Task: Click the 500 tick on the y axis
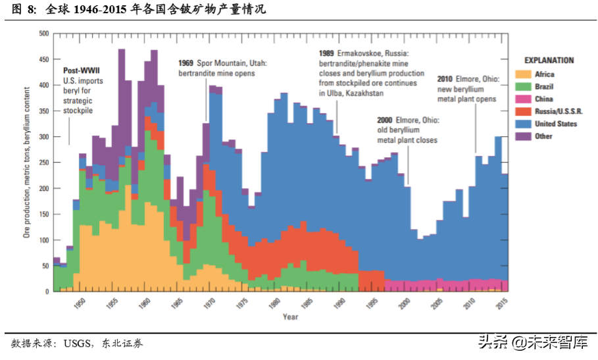[x=44, y=34]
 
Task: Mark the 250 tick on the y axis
[x=44, y=163]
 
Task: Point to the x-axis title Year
[x=290, y=317]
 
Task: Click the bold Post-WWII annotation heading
[x=81, y=70]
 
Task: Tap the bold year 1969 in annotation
[x=186, y=63]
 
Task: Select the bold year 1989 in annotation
[x=326, y=53]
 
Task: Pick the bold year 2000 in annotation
[x=386, y=120]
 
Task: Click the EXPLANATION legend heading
[x=549, y=61]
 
